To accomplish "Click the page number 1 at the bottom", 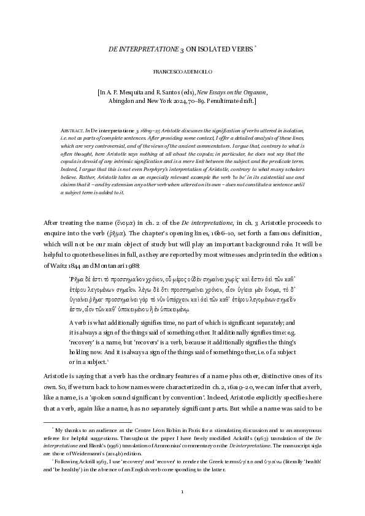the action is (182, 491).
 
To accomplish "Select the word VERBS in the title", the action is (241, 48).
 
